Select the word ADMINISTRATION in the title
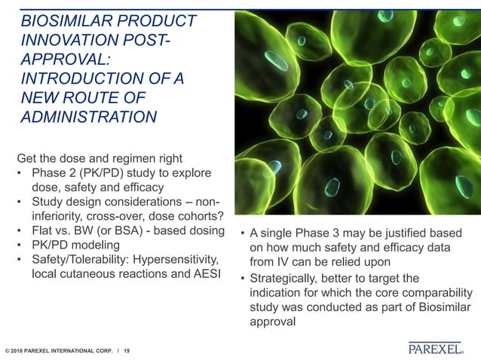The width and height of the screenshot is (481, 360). point(89,117)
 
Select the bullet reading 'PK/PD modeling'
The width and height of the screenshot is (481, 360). point(75,245)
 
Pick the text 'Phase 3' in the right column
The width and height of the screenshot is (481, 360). point(319,233)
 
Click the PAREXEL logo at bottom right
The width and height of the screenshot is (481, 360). point(436,348)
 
